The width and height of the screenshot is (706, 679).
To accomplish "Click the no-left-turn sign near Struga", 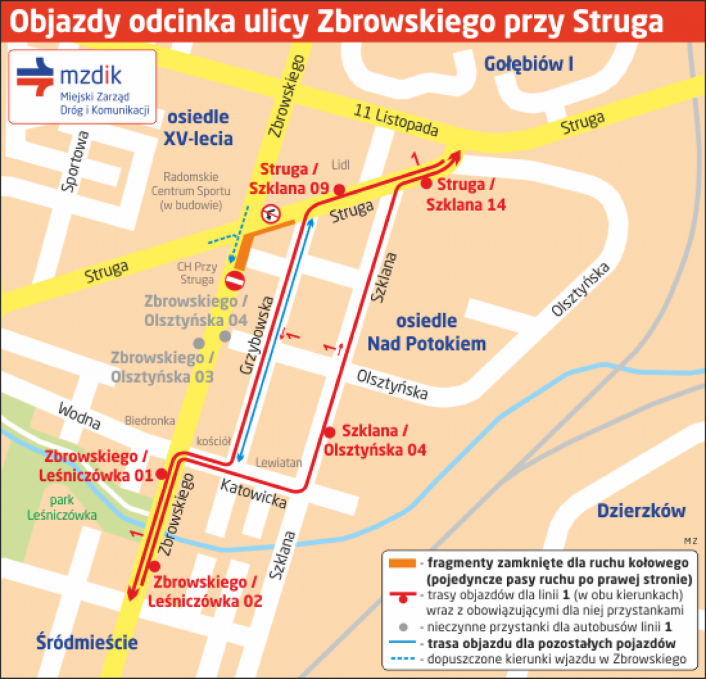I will [x=271, y=214].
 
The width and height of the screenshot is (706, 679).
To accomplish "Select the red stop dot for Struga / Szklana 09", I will [x=339, y=189].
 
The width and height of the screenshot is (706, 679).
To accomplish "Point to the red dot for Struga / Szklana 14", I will [x=426, y=183].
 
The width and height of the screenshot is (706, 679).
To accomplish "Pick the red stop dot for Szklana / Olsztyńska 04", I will [x=329, y=432].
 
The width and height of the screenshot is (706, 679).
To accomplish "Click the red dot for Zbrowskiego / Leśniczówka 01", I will [x=162, y=474].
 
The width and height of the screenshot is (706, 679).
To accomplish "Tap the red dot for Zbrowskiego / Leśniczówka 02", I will [x=155, y=566].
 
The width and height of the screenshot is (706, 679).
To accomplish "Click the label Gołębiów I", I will [x=528, y=63].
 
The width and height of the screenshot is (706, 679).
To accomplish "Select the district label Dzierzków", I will [x=641, y=511].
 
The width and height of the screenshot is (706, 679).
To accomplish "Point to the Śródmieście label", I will [x=87, y=642].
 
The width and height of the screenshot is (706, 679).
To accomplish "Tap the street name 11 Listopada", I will [x=396, y=120].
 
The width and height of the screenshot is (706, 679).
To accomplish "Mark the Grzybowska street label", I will [x=256, y=335].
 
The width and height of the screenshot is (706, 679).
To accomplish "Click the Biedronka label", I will [x=150, y=420].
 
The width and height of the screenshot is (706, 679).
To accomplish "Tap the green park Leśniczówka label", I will [x=62, y=508].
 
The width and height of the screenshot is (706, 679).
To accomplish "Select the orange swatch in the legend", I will [x=402, y=563].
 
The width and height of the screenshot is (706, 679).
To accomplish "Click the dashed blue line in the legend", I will [x=402, y=659].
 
